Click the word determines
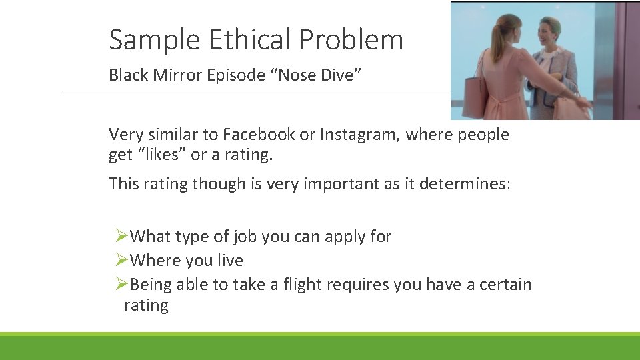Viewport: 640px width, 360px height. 464,184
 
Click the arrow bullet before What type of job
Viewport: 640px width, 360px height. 121,236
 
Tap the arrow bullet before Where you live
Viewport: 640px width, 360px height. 121,260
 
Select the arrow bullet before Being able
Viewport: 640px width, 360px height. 121,285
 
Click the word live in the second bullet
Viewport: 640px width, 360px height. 231,261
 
